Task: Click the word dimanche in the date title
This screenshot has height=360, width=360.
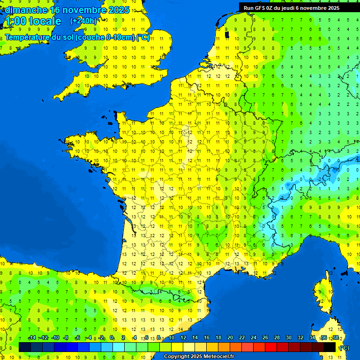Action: [26, 10]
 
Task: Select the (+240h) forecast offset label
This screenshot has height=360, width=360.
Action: [83, 21]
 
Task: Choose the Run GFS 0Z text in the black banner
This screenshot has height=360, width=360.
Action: [262, 7]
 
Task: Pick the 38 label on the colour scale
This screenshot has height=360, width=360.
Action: [336, 338]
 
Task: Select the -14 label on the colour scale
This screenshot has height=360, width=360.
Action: [32, 338]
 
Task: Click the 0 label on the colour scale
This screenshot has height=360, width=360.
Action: [112, 338]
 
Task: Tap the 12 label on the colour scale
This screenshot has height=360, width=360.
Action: [183, 338]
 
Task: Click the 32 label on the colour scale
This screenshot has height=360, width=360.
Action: [300, 338]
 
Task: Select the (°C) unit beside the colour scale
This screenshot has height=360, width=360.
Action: [344, 348]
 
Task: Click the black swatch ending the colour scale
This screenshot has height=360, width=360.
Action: [330, 347]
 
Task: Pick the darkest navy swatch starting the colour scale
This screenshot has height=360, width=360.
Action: [25, 347]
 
